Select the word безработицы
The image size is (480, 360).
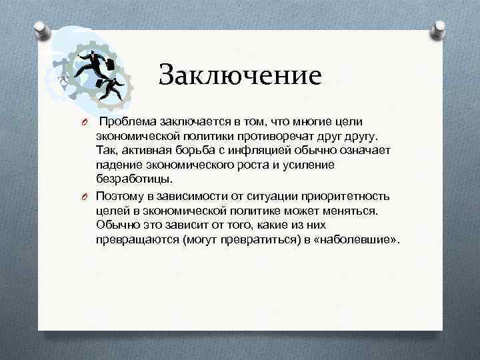tap(133, 179)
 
